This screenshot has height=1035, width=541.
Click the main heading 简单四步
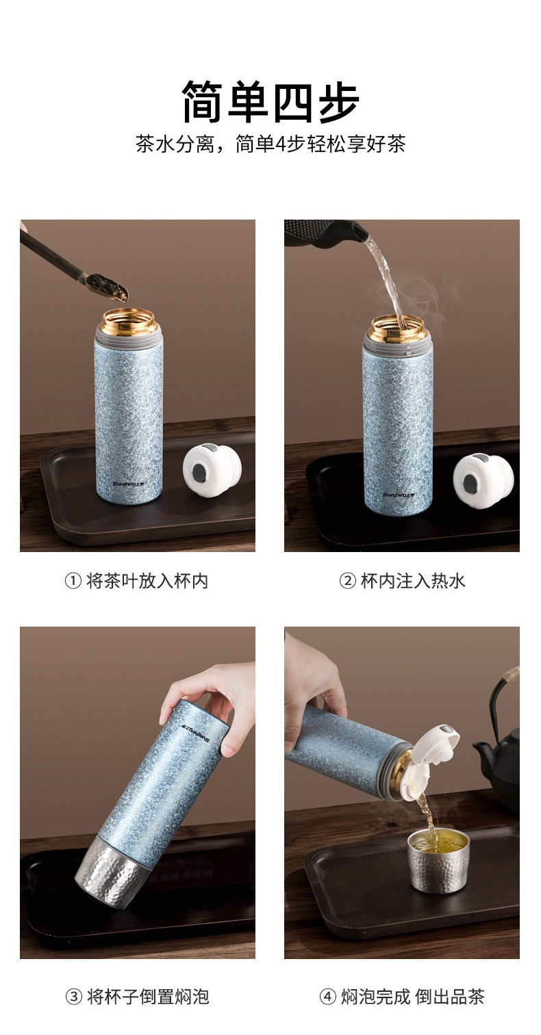270,102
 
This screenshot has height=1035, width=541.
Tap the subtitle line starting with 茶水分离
270,144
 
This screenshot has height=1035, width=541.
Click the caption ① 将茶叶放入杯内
136,581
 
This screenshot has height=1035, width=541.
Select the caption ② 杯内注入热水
402,581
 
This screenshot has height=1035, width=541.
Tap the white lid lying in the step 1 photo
212,469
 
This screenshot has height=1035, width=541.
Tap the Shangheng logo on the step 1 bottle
128,484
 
